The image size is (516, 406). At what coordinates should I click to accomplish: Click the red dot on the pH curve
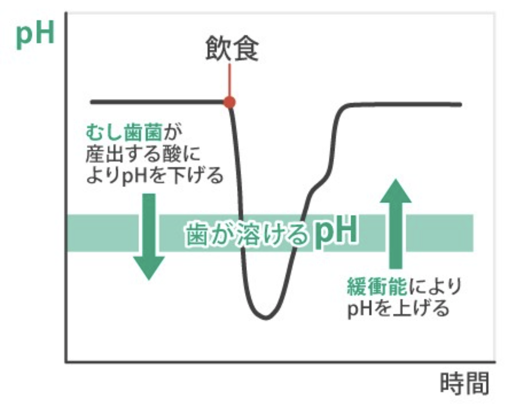(x=230, y=102)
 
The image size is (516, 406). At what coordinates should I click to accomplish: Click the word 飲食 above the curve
(x=232, y=49)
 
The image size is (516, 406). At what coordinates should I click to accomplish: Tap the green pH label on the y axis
(x=35, y=36)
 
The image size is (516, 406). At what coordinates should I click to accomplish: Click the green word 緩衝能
(x=377, y=287)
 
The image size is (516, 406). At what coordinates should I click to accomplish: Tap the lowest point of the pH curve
(x=264, y=318)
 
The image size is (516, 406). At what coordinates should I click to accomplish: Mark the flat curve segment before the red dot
(x=158, y=102)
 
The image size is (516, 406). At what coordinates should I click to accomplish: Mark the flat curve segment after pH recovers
(x=406, y=104)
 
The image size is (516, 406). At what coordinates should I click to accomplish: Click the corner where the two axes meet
(x=65, y=362)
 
